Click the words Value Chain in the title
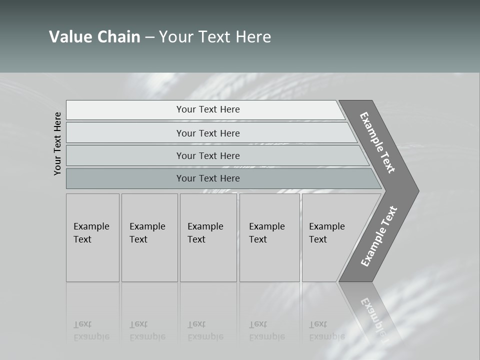pyautogui.click(x=94, y=37)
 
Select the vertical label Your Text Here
pyautogui.click(x=58, y=143)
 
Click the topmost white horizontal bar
pyautogui.click(x=207, y=109)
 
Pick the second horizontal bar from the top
pyautogui.click(x=207, y=133)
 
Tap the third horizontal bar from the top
pyautogui.click(x=207, y=155)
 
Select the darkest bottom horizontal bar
pyautogui.click(x=207, y=178)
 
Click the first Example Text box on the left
pyautogui.click(x=92, y=237)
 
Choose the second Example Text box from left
pyautogui.click(x=149, y=237)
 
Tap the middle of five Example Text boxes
pyautogui.click(x=208, y=237)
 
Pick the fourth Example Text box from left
pyautogui.click(x=269, y=237)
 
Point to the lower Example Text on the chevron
pyautogui.click(x=379, y=236)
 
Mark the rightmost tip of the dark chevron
pyautogui.click(x=418, y=190)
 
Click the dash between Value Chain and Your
pyautogui.click(x=149, y=37)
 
